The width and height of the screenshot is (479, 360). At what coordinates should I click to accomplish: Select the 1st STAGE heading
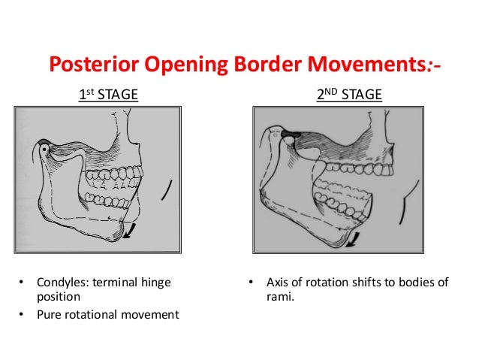[x=108, y=95]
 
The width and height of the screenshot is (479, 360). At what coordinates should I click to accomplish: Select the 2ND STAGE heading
[x=350, y=95]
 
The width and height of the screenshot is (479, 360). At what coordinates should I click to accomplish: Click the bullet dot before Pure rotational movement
[x=22, y=314]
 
